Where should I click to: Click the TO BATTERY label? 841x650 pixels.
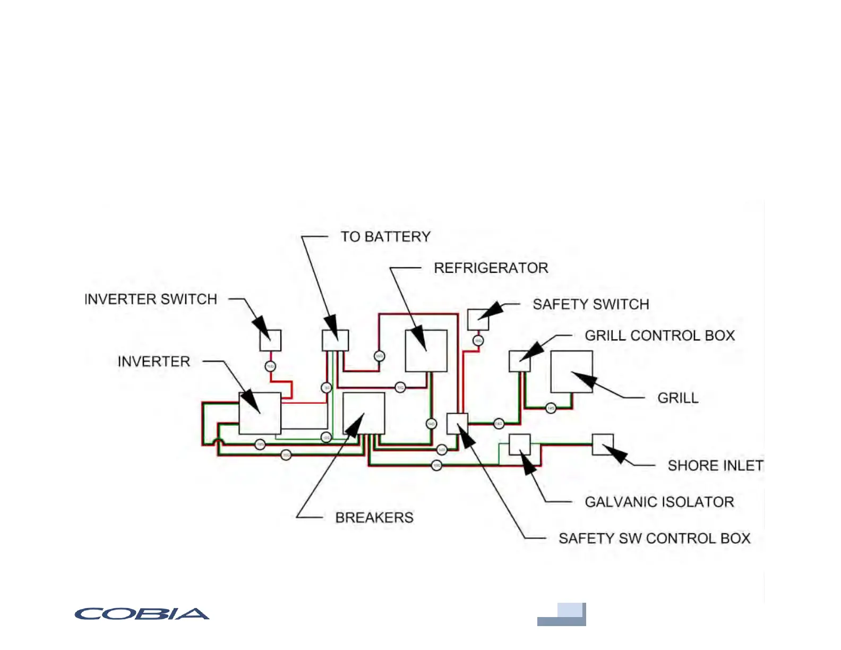(x=385, y=237)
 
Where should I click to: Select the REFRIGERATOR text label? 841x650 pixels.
(x=491, y=268)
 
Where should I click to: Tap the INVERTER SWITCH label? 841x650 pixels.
(x=151, y=300)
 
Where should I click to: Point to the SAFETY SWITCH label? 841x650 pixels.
(x=590, y=304)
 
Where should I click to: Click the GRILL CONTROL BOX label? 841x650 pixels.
(x=659, y=336)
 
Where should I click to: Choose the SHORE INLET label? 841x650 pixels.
(x=715, y=466)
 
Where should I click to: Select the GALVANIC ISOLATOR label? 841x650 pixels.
(x=659, y=502)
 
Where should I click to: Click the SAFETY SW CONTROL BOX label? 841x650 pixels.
(x=654, y=538)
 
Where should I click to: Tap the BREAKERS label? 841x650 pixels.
(x=374, y=518)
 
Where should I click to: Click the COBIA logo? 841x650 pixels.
(x=142, y=614)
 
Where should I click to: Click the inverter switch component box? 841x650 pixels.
(x=270, y=340)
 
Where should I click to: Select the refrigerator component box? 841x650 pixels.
(x=426, y=351)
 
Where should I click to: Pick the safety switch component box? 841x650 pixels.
(x=478, y=320)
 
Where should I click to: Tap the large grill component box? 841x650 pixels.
(x=571, y=372)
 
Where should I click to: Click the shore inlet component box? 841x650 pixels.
(x=603, y=444)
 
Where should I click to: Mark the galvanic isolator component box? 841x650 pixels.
(x=519, y=444)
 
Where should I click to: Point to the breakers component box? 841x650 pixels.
(x=364, y=413)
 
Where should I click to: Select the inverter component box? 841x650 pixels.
(x=260, y=413)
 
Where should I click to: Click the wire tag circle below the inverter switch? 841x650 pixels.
(x=270, y=366)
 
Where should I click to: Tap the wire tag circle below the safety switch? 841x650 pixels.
(x=478, y=340)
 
